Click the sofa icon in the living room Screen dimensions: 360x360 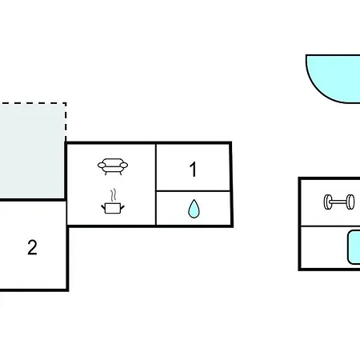tap(113, 166)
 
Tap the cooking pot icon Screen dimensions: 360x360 tap(113, 208)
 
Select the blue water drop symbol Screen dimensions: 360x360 tap(194, 209)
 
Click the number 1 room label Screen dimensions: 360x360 tap(193, 169)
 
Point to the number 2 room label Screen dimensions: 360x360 tap(32, 247)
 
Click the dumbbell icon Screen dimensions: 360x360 tap(339, 202)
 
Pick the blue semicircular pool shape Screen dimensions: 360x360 tap(334, 78)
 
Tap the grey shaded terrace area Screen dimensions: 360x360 tap(32, 150)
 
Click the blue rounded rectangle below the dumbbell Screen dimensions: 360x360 tap(354, 247)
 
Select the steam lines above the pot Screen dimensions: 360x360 tap(114, 195)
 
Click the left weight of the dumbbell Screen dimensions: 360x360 tap(327, 202)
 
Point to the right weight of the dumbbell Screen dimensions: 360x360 tap(351, 202)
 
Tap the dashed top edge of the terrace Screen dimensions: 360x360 tap(33, 103)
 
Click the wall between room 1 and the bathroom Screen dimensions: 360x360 tap(193, 191)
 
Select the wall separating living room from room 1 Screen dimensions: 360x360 tap(156, 185)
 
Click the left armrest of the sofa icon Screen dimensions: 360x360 tap(102, 166)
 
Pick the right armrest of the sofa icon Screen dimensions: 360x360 tap(124, 166)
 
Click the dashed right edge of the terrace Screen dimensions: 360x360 tap(66, 122)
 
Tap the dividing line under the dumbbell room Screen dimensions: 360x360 tap(330, 226)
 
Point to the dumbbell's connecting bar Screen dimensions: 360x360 tap(339, 202)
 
